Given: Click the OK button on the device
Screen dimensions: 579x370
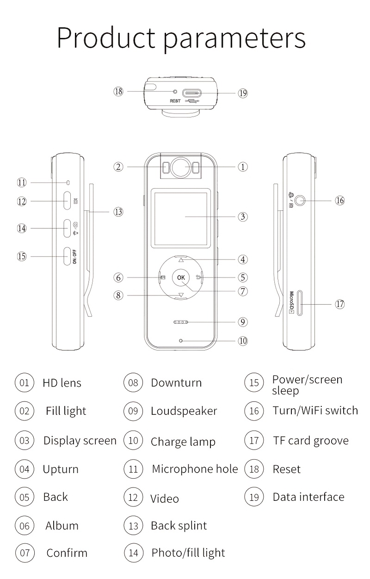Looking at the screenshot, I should click(181, 277).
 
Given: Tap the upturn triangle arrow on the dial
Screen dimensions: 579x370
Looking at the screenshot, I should click(181, 260).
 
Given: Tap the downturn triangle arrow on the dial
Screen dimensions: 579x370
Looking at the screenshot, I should click(181, 295).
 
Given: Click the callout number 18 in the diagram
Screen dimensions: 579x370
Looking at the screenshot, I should click(119, 92).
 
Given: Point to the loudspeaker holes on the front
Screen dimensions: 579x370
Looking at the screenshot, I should click(181, 322).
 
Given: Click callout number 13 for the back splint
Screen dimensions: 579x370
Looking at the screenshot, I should click(119, 212).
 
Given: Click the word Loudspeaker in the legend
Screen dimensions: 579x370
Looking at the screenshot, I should click(184, 411).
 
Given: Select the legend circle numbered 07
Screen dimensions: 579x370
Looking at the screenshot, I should click(25, 553).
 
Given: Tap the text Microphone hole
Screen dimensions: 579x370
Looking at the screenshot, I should click(195, 469).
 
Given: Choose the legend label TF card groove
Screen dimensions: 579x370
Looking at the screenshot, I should click(310, 441).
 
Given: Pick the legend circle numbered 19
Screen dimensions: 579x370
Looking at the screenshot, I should click(254, 497).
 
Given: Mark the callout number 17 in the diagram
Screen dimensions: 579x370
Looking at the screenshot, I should click(340, 304).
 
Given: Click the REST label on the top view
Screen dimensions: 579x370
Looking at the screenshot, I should click(175, 101).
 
